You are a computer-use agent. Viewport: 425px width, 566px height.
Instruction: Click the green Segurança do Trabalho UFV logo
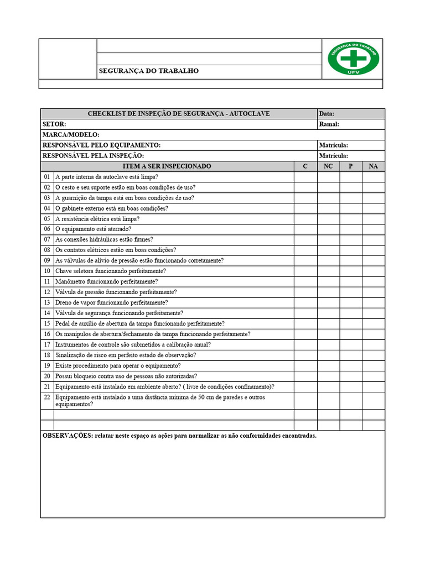coord(353,59)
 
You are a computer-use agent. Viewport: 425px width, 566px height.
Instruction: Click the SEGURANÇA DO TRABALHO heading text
coord(148,71)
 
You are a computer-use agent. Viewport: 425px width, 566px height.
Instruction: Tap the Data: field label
coord(326,114)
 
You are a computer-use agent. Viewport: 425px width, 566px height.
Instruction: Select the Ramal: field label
coord(329,124)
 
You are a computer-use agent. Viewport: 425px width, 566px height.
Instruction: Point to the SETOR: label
coord(54,124)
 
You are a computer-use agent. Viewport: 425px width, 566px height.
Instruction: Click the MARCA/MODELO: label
coord(71,135)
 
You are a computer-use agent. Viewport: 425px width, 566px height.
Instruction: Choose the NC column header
coord(328,166)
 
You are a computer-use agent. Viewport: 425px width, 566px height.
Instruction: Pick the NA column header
coord(373,166)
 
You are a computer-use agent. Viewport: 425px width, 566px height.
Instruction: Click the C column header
coord(305,166)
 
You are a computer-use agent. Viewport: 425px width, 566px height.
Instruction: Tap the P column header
coord(350,166)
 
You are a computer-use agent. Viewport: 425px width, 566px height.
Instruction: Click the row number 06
coord(47,229)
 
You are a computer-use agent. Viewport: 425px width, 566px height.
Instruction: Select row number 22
coord(47,397)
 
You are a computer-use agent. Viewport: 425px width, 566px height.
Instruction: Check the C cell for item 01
coord(305,177)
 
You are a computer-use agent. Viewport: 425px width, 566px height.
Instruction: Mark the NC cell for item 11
coord(328,281)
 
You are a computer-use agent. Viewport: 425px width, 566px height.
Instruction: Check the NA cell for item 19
coord(373,365)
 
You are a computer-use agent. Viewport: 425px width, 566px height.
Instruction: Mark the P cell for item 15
coord(350,323)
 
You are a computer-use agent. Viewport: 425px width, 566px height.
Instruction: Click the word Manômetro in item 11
coord(70,281)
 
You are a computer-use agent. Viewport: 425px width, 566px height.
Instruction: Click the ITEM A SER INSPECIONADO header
coord(167,166)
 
